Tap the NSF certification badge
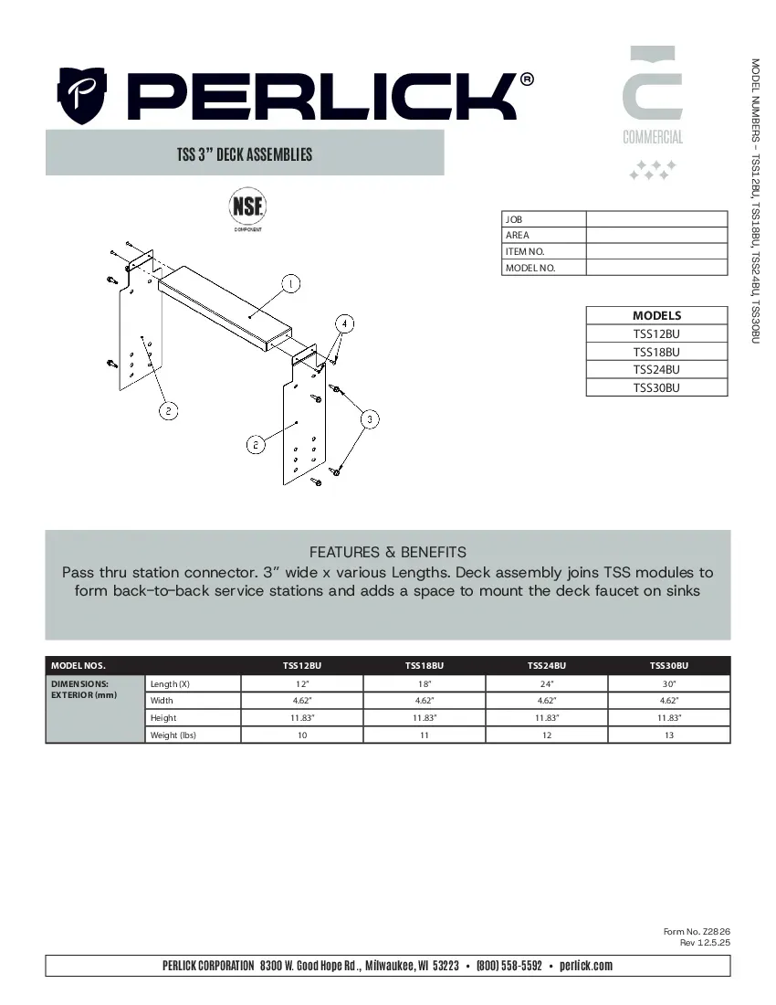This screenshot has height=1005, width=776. pos(246,206)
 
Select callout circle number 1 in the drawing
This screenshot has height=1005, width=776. pos(289,283)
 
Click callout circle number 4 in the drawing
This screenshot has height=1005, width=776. pos(344,323)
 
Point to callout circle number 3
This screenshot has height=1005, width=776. pos(370,419)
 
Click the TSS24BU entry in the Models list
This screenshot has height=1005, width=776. pos(656,370)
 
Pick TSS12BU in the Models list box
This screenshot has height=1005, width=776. pos(656,333)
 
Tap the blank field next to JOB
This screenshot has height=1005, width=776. pos(656,219)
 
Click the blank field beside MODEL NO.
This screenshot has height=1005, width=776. pos(656,268)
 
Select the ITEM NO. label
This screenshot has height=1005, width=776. pos(525,251)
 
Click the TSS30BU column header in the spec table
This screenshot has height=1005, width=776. pos(668,666)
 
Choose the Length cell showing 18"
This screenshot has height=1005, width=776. pos(425,683)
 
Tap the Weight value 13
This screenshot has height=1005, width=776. pos(668,735)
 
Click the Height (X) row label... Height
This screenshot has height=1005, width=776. pos(163,718)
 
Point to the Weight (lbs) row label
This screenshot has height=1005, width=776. pos(173,735)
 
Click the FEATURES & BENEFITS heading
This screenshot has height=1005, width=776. pos(388,552)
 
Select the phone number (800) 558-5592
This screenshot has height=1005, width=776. pos(509,966)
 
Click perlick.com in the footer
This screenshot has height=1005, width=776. pos(585,966)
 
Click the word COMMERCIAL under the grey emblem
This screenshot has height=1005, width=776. pos(653,138)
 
